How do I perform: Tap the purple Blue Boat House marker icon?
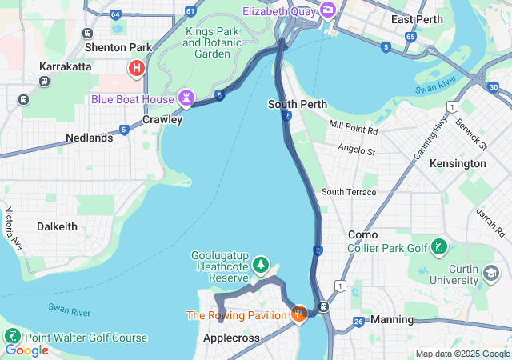(187, 98)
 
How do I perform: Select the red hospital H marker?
(136, 69)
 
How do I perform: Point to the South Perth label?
(297, 104)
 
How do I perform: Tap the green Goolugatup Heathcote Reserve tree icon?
(260, 264)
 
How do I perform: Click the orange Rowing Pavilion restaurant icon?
(298, 314)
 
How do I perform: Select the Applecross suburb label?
(232, 338)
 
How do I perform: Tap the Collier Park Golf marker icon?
(439, 247)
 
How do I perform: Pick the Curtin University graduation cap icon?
(488, 273)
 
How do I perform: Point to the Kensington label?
(457, 163)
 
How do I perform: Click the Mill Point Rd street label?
(352, 127)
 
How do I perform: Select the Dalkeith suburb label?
(56, 226)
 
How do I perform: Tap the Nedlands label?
(89, 138)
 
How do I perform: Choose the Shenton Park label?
(118, 47)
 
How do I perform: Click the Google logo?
(26, 350)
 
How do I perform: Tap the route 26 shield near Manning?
(358, 322)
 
